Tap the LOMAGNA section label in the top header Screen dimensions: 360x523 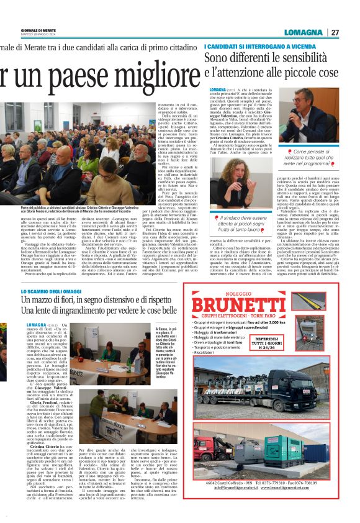point(304,32)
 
